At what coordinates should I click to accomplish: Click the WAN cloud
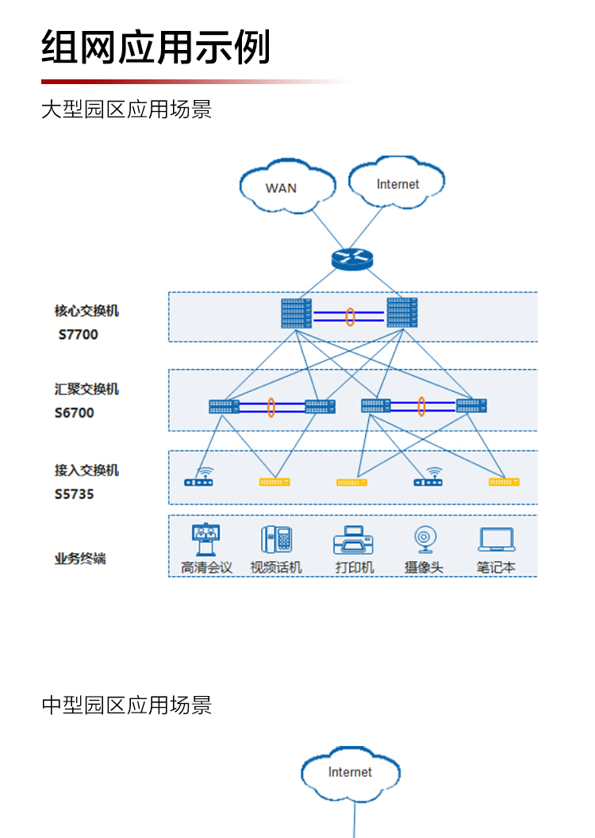pos(281,187)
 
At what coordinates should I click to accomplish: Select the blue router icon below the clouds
pos(351,258)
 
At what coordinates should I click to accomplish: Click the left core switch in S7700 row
pos(297,313)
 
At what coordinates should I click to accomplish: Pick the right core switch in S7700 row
pos(402,313)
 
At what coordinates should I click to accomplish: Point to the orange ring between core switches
pos(350,316)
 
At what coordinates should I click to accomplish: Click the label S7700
pos(79,335)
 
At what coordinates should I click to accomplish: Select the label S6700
pos(75,413)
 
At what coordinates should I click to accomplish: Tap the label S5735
pos(75,494)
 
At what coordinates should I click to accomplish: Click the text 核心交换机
pos(86,311)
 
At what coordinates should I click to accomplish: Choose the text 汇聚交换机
pos(86,389)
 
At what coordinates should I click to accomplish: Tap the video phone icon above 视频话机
pos(276,540)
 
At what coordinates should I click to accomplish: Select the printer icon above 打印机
pos(353,540)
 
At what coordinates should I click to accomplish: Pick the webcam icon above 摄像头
pos(424,540)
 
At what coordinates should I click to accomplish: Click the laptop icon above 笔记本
pos(497,540)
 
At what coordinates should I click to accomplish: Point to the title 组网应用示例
pos(156,48)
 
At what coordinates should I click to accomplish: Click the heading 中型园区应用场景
pos(127,705)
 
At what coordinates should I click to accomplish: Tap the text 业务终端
pos(80,559)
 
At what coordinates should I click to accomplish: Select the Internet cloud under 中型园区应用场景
pos(350,772)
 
